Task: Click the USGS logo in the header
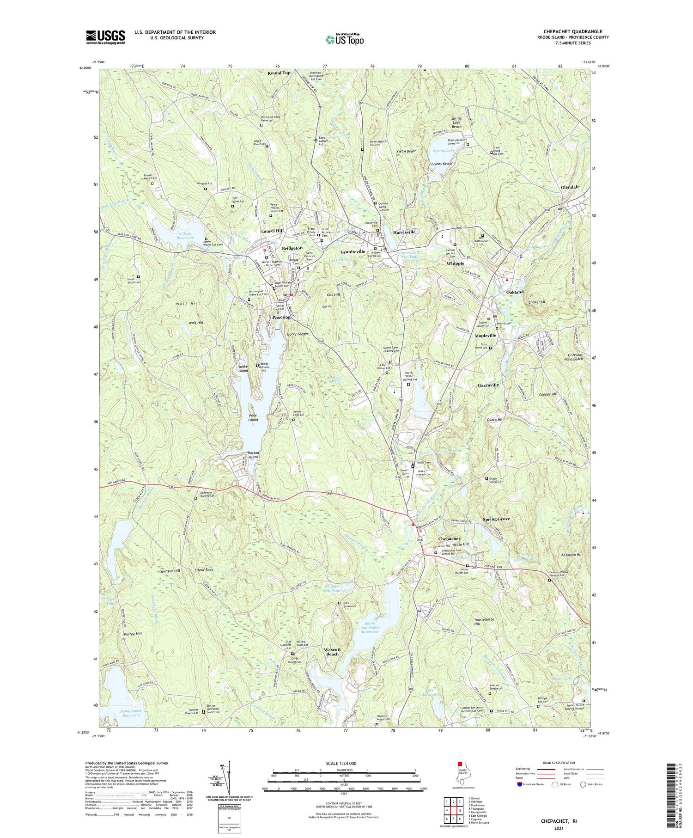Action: coord(105,37)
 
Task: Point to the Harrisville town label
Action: coord(404,232)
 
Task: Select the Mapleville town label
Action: coord(485,335)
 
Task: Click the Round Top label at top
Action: coord(279,73)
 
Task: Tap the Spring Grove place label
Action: coord(496,520)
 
